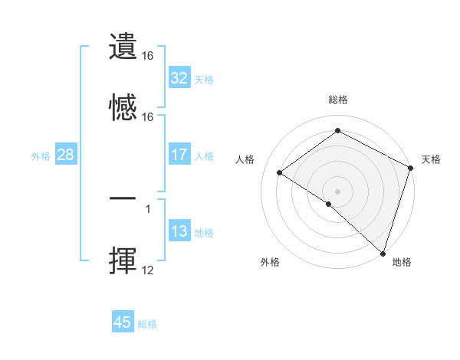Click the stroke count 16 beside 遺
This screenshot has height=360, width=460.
148,56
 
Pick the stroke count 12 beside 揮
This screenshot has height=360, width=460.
148,270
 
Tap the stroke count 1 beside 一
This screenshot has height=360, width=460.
147,208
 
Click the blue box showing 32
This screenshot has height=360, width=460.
179,78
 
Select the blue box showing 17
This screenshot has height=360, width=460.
179,155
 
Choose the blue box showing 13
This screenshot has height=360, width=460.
179,231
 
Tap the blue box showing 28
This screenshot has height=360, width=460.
65,155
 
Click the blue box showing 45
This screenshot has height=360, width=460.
122,322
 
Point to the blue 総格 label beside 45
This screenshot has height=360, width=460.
147,324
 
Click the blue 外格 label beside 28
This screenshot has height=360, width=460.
41,156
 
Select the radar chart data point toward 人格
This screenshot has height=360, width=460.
280,173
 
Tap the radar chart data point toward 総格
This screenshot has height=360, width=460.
337,131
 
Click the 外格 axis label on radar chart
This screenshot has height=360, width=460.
270,262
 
